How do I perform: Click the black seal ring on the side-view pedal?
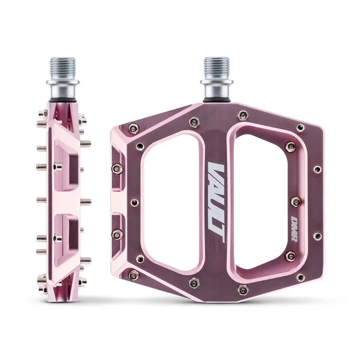[x=62, y=99]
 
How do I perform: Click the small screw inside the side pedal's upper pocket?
[x=58, y=166]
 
